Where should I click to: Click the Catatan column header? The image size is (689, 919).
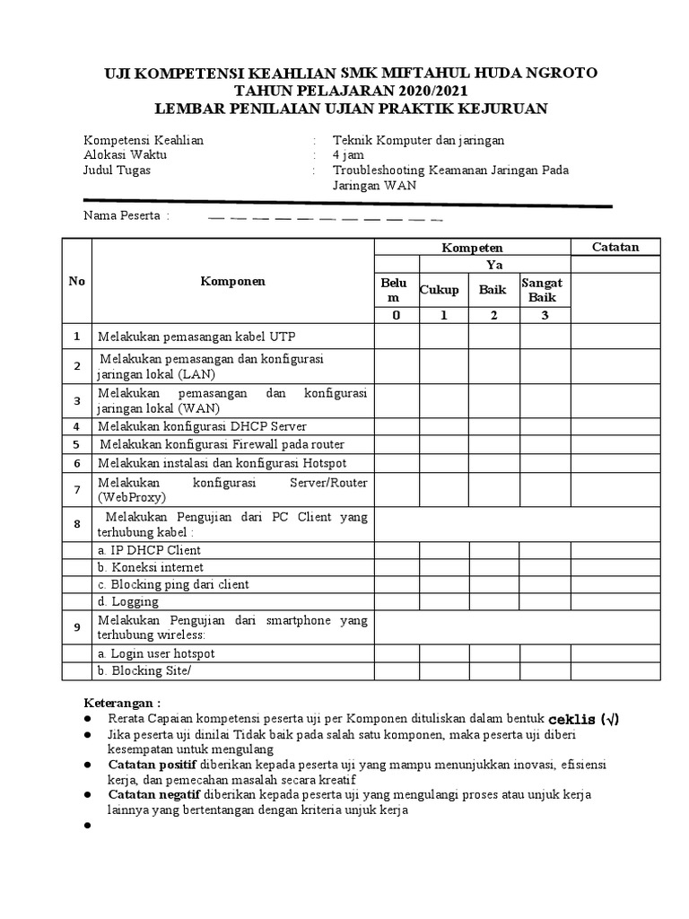tap(615, 247)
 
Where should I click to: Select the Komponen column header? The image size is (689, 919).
tap(233, 281)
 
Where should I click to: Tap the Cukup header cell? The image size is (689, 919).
tap(440, 289)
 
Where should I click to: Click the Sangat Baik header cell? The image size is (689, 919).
tap(542, 290)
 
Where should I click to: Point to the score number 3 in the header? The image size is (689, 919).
tap(542, 315)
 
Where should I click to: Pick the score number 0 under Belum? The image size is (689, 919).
tap(396, 315)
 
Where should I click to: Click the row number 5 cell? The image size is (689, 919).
tap(77, 444)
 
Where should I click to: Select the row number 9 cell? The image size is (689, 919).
tap(77, 627)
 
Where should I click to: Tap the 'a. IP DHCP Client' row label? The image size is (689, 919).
tap(150, 550)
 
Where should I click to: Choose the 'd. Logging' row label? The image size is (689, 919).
tap(129, 601)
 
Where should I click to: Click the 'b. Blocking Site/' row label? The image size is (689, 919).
tap(145, 671)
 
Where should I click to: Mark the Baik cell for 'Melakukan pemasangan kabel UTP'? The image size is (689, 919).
tap(493, 336)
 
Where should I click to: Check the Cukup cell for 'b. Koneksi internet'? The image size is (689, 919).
tap(443, 567)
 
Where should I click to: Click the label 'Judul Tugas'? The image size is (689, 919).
tap(117, 170)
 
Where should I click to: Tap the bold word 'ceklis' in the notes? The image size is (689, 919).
tap(571, 720)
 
